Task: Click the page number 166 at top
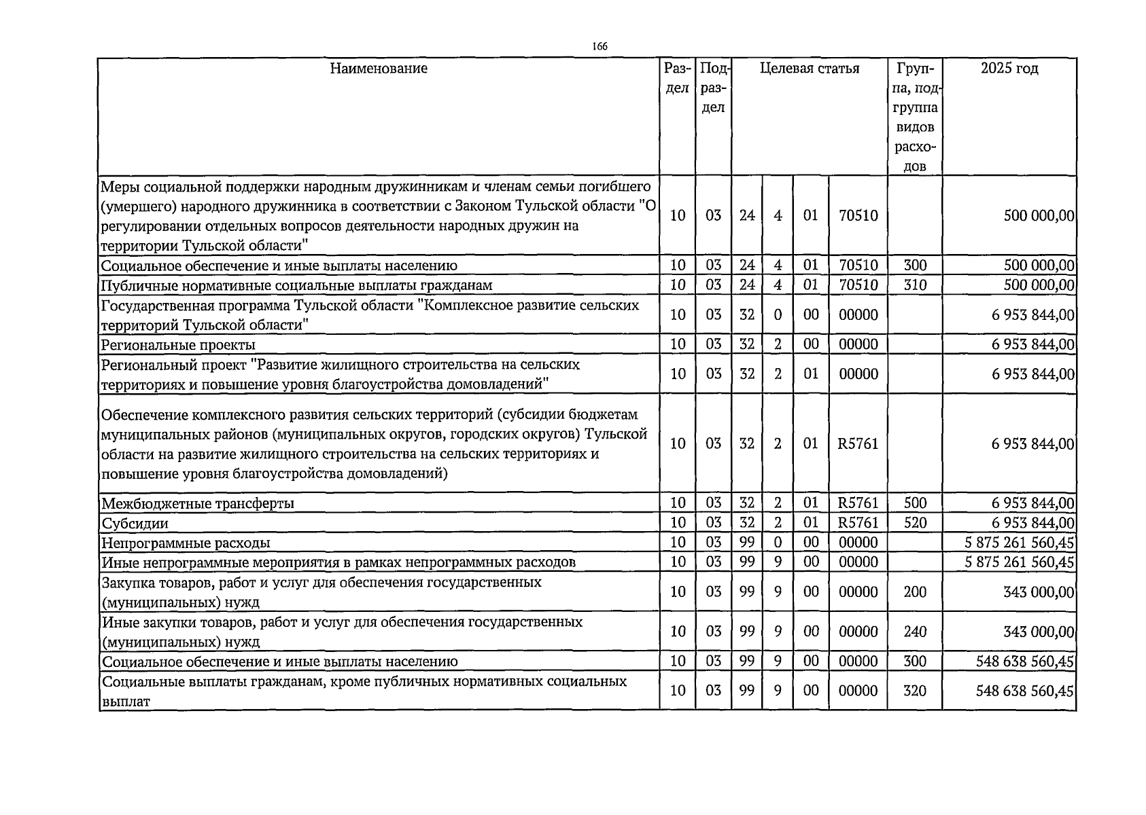[x=599, y=46]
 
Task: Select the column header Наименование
[x=379, y=69]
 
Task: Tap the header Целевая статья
[x=809, y=69]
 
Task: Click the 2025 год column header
[x=1009, y=69]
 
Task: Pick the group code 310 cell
[x=915, y=285]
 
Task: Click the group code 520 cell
[x=915, y=523]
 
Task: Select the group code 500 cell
[x=915, y=503]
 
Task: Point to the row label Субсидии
[x=135, y=524]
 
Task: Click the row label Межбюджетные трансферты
[x=198, y=504]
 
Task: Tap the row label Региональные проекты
[x=178, y=345]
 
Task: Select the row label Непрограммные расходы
[x=186, y=543]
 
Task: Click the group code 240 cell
[x=915, y=632]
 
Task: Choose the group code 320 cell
[x=915, y=691]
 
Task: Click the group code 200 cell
[x=915, y=592]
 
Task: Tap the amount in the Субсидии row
[x=1032, y=523]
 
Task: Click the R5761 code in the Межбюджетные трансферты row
[x=858, y=503]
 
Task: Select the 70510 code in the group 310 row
[x=858, y=285]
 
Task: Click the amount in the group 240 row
[x=1038, y=632]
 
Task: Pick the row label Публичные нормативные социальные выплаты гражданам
[x=296, y=286]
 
